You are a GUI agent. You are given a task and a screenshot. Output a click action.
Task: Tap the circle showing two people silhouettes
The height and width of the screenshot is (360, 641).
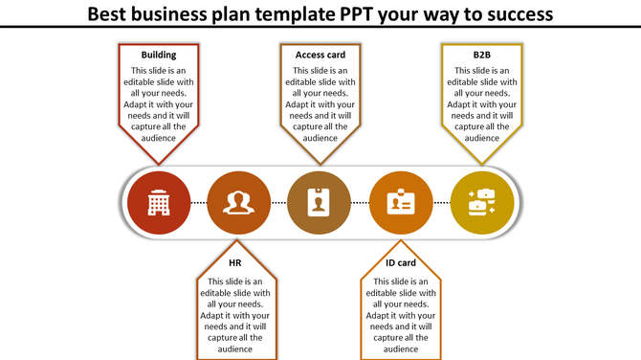(x=238, y=203)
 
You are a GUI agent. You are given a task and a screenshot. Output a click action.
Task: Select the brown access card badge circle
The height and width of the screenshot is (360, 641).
(x=320, y=203)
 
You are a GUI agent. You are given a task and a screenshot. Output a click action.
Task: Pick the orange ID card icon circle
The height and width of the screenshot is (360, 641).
(x=401, y=203)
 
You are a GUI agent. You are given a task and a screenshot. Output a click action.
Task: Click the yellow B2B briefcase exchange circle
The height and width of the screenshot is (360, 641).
(x=482, y=203)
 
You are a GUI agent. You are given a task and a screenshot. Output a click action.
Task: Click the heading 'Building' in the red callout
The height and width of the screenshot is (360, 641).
(x=158, y=56)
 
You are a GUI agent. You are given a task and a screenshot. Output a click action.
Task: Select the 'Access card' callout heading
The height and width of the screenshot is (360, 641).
(x=320, y=56)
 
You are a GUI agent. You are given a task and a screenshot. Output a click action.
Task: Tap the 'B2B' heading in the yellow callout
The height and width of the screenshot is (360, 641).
(x=481, y=56)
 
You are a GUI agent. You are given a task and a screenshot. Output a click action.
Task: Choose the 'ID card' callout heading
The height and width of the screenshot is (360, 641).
(x=401, y=262)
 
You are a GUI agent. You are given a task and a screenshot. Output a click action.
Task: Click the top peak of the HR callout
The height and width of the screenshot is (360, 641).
(x=238, y=242)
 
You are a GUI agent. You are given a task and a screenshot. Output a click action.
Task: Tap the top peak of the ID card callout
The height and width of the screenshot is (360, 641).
(x=401, y=242)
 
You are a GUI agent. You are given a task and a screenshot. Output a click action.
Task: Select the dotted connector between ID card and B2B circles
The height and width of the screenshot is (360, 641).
(x=441, y=204)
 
